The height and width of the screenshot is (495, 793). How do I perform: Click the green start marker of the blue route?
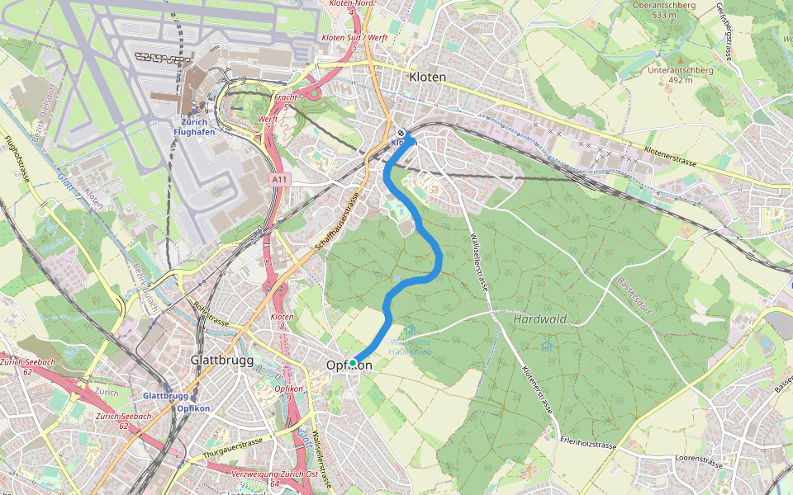353,363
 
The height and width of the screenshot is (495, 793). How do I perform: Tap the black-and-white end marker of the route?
401,133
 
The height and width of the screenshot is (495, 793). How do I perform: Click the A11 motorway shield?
280,178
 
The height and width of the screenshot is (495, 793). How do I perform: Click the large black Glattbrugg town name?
219,361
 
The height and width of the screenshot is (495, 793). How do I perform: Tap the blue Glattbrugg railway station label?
165,396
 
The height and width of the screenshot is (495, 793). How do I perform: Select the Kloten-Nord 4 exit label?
353,7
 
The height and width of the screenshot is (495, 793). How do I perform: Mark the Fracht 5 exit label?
285,101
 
